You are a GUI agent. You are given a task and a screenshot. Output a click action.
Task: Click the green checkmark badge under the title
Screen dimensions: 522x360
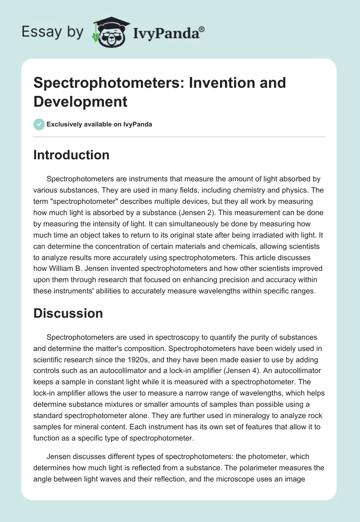pyautogui.click(x=39, y=124)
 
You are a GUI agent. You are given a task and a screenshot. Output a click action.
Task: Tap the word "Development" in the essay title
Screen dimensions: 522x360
pyautogui.click(x=81, y=101)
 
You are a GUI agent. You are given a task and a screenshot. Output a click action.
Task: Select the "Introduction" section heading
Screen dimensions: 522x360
pyautogui.click(x=71, y=155)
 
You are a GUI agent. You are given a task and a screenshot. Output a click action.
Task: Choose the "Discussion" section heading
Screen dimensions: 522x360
pyautogui.click(x=68, y=313)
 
